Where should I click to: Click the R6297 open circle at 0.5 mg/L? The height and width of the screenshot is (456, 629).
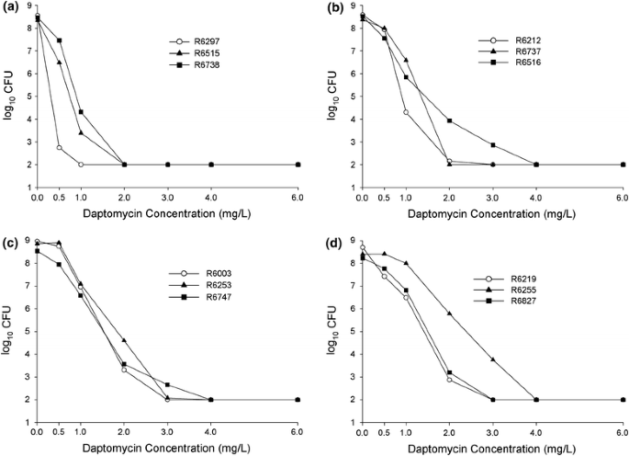[x=60, y=147]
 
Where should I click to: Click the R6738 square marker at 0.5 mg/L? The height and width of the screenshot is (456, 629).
[x=60, y=40]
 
